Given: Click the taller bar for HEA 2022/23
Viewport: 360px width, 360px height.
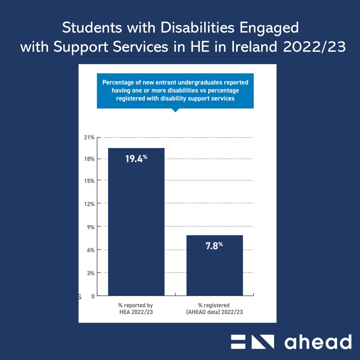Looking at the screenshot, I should point(136,222).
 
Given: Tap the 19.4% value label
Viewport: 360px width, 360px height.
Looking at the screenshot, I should point(136,158).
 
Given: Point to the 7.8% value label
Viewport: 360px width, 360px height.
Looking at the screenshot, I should point(214,246).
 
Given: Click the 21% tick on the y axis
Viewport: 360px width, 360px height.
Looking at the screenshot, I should point(89,137).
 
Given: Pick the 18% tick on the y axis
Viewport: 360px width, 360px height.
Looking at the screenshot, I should point(89,159).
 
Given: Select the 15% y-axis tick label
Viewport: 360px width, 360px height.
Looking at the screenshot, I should point(89,181).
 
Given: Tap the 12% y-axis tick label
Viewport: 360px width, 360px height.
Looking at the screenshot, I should point(89,204).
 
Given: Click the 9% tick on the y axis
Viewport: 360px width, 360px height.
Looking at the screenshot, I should point(91,227).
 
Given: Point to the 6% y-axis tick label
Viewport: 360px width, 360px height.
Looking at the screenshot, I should point(91,250).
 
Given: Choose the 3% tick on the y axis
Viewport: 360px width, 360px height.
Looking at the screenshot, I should point(91,273).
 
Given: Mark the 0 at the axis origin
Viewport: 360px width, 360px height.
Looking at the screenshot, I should point(93,296).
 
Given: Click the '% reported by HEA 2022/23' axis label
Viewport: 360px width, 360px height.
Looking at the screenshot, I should point(136,309).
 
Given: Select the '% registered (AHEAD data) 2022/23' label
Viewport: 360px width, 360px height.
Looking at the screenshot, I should point(214,309).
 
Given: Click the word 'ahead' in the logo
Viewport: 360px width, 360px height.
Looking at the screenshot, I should point(318,342).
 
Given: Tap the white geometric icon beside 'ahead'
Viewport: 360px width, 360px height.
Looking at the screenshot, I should point(252,342).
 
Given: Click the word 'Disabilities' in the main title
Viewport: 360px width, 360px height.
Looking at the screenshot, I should point(197,28).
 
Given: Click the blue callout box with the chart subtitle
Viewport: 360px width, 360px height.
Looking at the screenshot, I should point(175,91).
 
